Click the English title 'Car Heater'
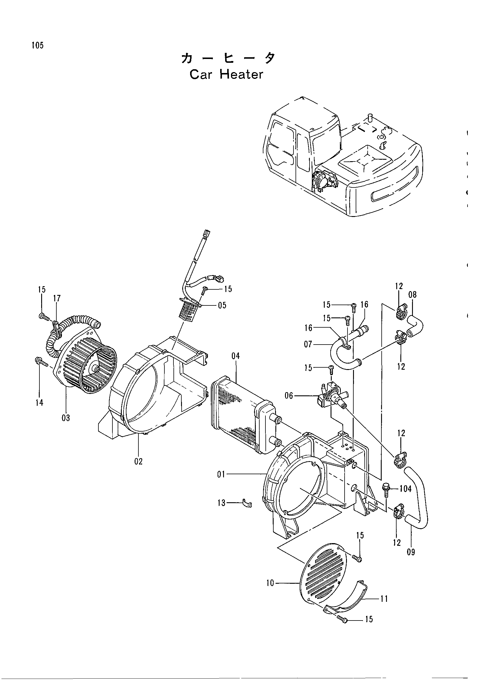coord(226,74)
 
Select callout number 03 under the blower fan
coord(66,418)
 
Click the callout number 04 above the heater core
coord(236,356)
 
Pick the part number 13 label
coord(222,503)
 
